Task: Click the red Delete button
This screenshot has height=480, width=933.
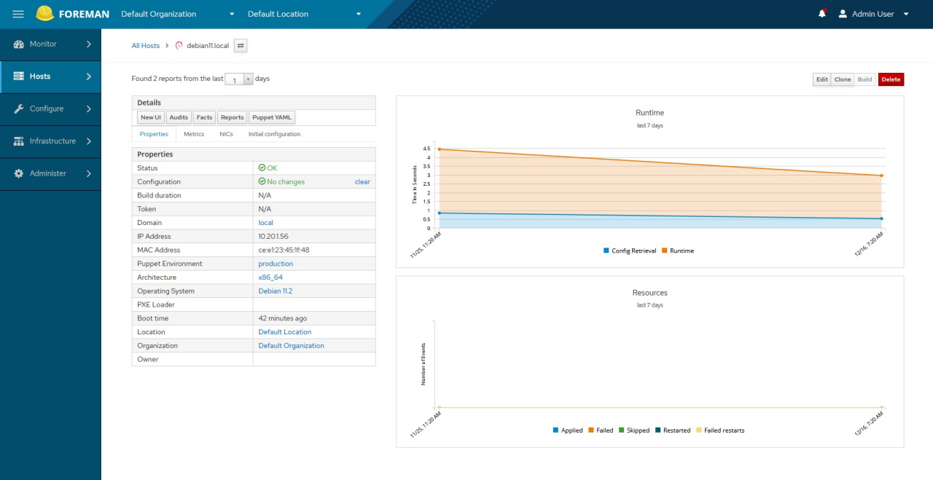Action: (891, 79)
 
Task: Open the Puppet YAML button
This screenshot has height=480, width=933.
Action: (272, 117)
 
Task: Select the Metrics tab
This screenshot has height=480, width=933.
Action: (194, 134)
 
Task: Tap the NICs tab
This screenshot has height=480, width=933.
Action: (226, 134)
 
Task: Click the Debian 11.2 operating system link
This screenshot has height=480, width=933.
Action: (275, 291)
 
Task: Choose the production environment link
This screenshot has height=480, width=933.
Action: (276, 264)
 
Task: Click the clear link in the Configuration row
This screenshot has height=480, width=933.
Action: (362, 181)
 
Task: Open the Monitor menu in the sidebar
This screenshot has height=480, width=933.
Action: (50, 44)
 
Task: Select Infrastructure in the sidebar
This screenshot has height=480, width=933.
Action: (50, 141)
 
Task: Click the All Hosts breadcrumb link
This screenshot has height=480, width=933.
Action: (145, 46)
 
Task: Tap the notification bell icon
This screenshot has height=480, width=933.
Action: (822, 14)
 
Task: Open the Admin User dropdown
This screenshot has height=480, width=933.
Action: (873, 14)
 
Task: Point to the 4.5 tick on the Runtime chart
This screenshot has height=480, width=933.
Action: (426, 149)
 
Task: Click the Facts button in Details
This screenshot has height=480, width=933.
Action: (204, 117)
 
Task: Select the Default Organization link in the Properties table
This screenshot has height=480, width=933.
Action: (291, 345)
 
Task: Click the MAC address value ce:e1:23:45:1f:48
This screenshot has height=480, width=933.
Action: (284, 250)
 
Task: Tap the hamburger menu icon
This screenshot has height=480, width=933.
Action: (18, 14)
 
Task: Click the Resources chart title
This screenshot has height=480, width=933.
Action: (649, 293)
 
